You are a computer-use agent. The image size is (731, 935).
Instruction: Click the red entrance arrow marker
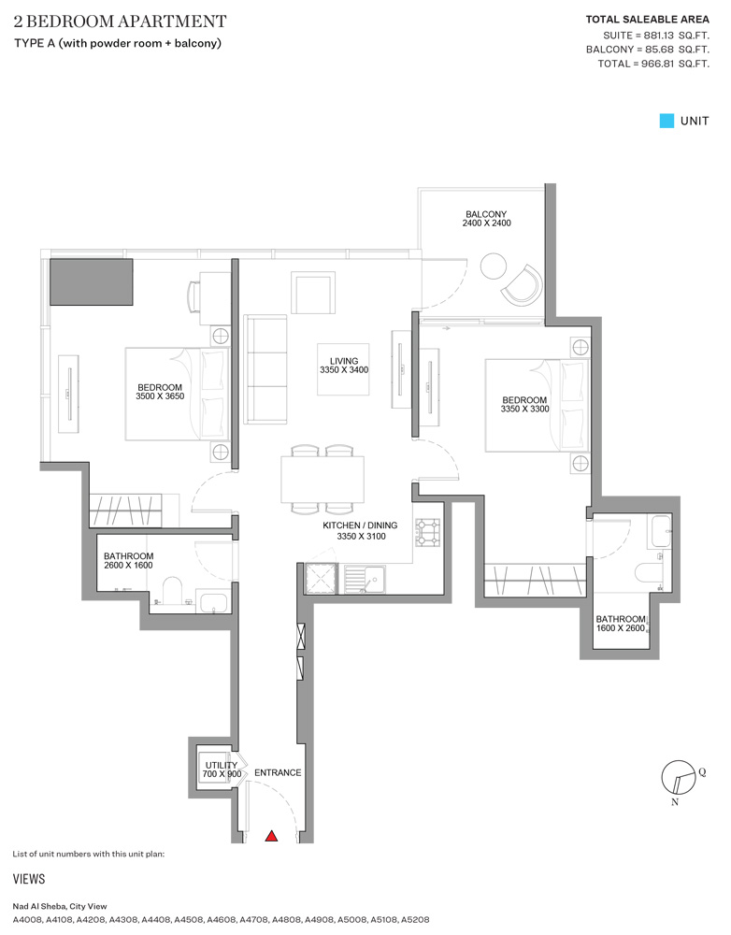tap(272, 836)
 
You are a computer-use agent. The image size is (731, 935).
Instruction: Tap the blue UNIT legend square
tap(666, 121)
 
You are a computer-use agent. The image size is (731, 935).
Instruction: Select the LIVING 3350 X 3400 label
tap(343, 366)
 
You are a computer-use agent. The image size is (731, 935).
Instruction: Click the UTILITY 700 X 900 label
tap(222, 770)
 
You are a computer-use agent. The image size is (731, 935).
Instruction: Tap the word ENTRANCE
tap(278, 772)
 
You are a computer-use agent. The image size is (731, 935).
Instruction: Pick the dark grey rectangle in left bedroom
tap(92, 281)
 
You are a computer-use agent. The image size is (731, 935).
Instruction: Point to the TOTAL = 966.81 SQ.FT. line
tap(652, 64)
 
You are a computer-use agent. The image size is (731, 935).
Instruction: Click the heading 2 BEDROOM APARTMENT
tap(120, 21)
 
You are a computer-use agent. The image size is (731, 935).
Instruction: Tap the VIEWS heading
tap(29, 879)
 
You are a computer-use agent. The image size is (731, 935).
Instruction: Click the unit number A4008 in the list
tap(29, 920)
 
